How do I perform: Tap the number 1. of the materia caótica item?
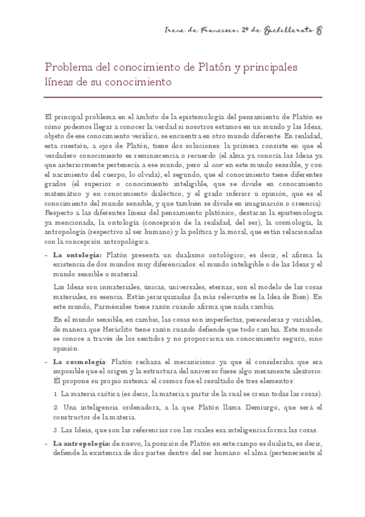pyautogui.click(x=56, y=393)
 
